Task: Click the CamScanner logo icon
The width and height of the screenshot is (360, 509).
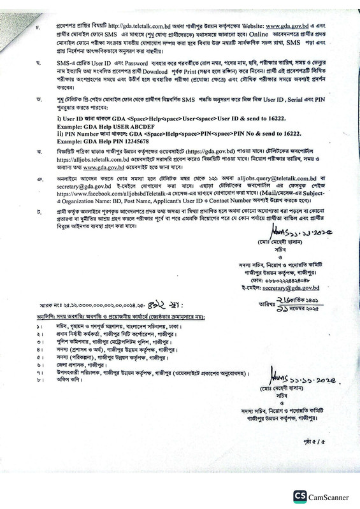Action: tap(298, 496)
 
